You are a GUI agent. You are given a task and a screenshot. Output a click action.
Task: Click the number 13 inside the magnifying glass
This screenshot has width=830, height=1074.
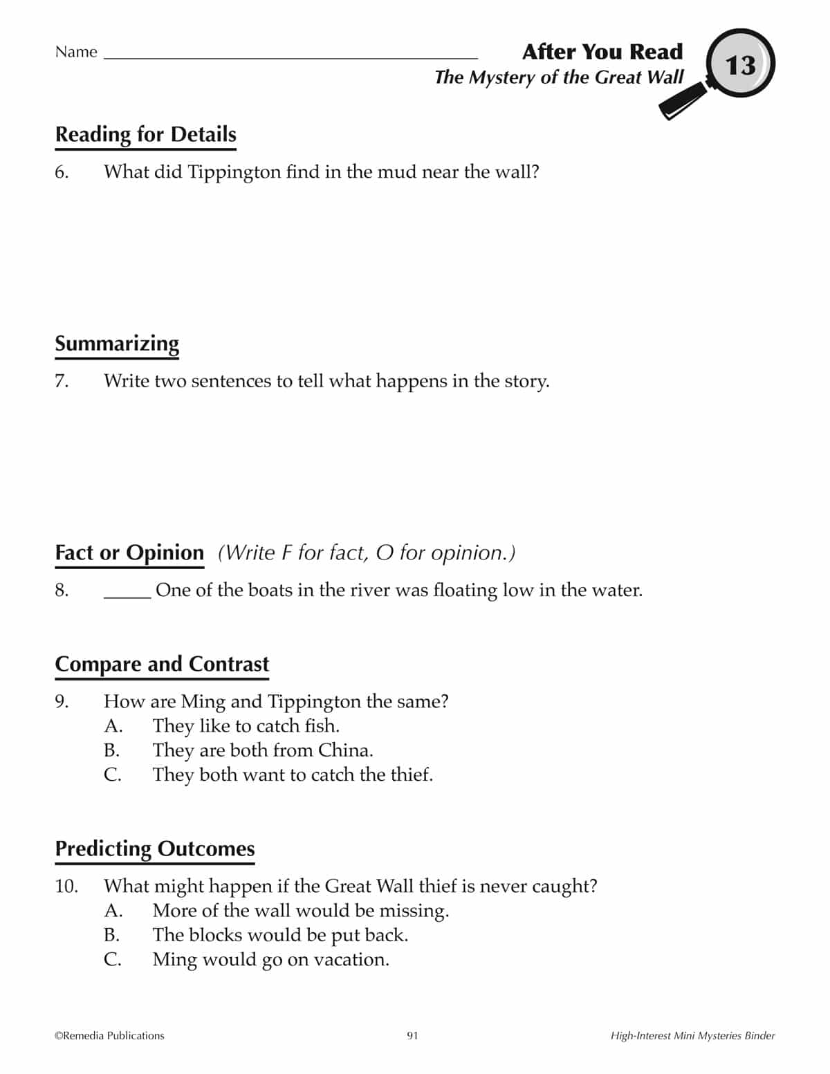point(740,66)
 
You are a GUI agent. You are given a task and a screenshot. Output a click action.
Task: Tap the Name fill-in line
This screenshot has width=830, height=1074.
point(290,55)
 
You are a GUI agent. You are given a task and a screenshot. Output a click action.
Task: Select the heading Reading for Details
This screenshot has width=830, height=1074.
point(145,134)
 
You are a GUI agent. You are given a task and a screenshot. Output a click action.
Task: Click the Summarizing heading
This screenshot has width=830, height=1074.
point(117,344)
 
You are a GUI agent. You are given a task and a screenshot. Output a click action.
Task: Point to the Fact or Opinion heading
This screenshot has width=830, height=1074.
point(129,553)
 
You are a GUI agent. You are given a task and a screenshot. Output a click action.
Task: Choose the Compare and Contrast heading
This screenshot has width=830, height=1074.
point(162,664)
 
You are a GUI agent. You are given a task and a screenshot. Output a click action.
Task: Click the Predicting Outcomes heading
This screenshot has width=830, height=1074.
point(155,849)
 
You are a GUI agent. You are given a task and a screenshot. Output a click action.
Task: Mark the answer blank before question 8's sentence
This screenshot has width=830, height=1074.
point(127,591)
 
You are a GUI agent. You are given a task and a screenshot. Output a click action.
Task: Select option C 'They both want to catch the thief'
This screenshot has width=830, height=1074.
point(293,775)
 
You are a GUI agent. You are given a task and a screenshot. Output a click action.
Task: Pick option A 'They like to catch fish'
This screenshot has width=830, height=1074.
point(246,726)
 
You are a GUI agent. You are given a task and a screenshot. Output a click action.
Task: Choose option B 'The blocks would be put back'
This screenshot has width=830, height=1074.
point(280,935)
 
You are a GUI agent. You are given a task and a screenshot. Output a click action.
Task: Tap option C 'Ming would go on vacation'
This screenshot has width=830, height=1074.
point(270,960)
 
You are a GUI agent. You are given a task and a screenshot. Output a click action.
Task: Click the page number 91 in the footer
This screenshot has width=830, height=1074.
point(412,1036)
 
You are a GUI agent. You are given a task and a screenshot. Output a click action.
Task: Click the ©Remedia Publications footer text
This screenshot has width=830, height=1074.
point(109,1036)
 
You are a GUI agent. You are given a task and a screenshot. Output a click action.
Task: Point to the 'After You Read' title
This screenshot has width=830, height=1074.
point(602,52)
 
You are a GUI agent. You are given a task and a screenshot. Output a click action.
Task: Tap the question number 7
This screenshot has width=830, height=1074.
point(62,381)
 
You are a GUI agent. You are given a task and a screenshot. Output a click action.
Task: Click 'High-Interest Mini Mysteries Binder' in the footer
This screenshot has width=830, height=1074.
point(692,1036)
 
